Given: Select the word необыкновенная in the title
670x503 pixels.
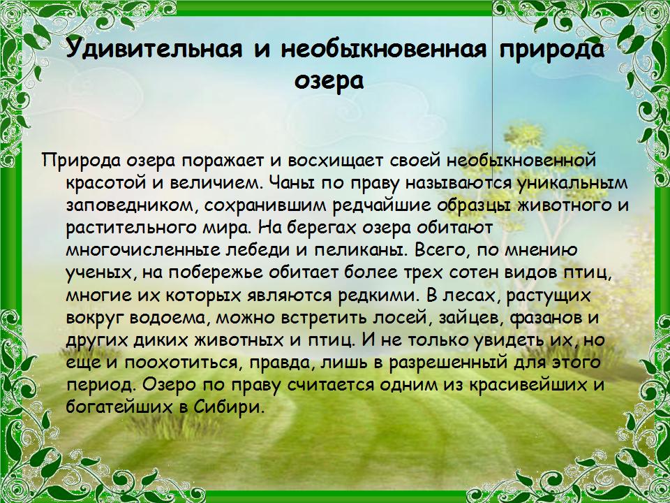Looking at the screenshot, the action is coord(384,49).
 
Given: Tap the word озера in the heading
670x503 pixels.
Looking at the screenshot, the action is coord(329,81).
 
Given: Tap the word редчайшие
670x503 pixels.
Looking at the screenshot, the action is coord(382,206).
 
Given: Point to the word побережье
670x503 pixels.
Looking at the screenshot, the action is coord(214,273).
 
